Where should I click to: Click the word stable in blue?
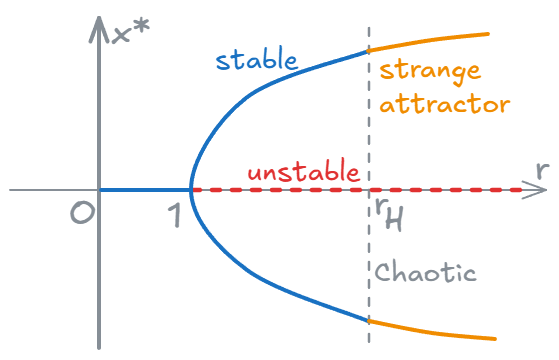[255, 59]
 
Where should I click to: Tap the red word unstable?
[302, 173]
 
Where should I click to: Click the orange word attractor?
[445, 104]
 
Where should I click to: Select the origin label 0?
[80, 213]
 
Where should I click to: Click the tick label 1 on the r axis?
[177, 214]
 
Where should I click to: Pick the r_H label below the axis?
[387, 212]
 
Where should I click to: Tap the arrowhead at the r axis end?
[526, 189]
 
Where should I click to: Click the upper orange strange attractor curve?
[430, 40]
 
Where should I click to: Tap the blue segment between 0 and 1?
[145, 189]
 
